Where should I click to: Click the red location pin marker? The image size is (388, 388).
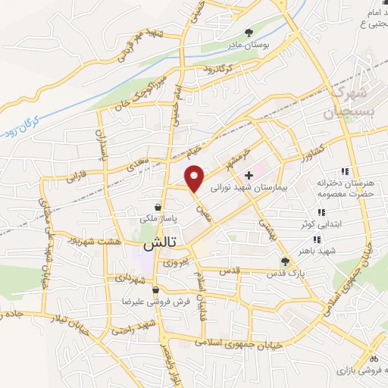pyautogui.click(x=196, y=178)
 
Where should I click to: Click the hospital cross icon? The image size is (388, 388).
pyautogui.click(x=249, y=174)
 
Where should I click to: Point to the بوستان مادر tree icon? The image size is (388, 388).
pyautogui.click(x=251, y=31)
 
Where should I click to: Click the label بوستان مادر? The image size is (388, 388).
pyautogui.click(x=251, y=43)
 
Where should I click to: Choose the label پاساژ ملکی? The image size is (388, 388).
pyautogui.click(x=158, y=218)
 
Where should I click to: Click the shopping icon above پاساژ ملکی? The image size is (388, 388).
pyautogui.click(x=158, y=206)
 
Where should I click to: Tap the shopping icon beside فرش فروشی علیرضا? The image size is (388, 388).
pyautogui.click(x=155, y=289)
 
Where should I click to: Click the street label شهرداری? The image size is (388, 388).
pyautogui.click(x=130, y=280)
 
